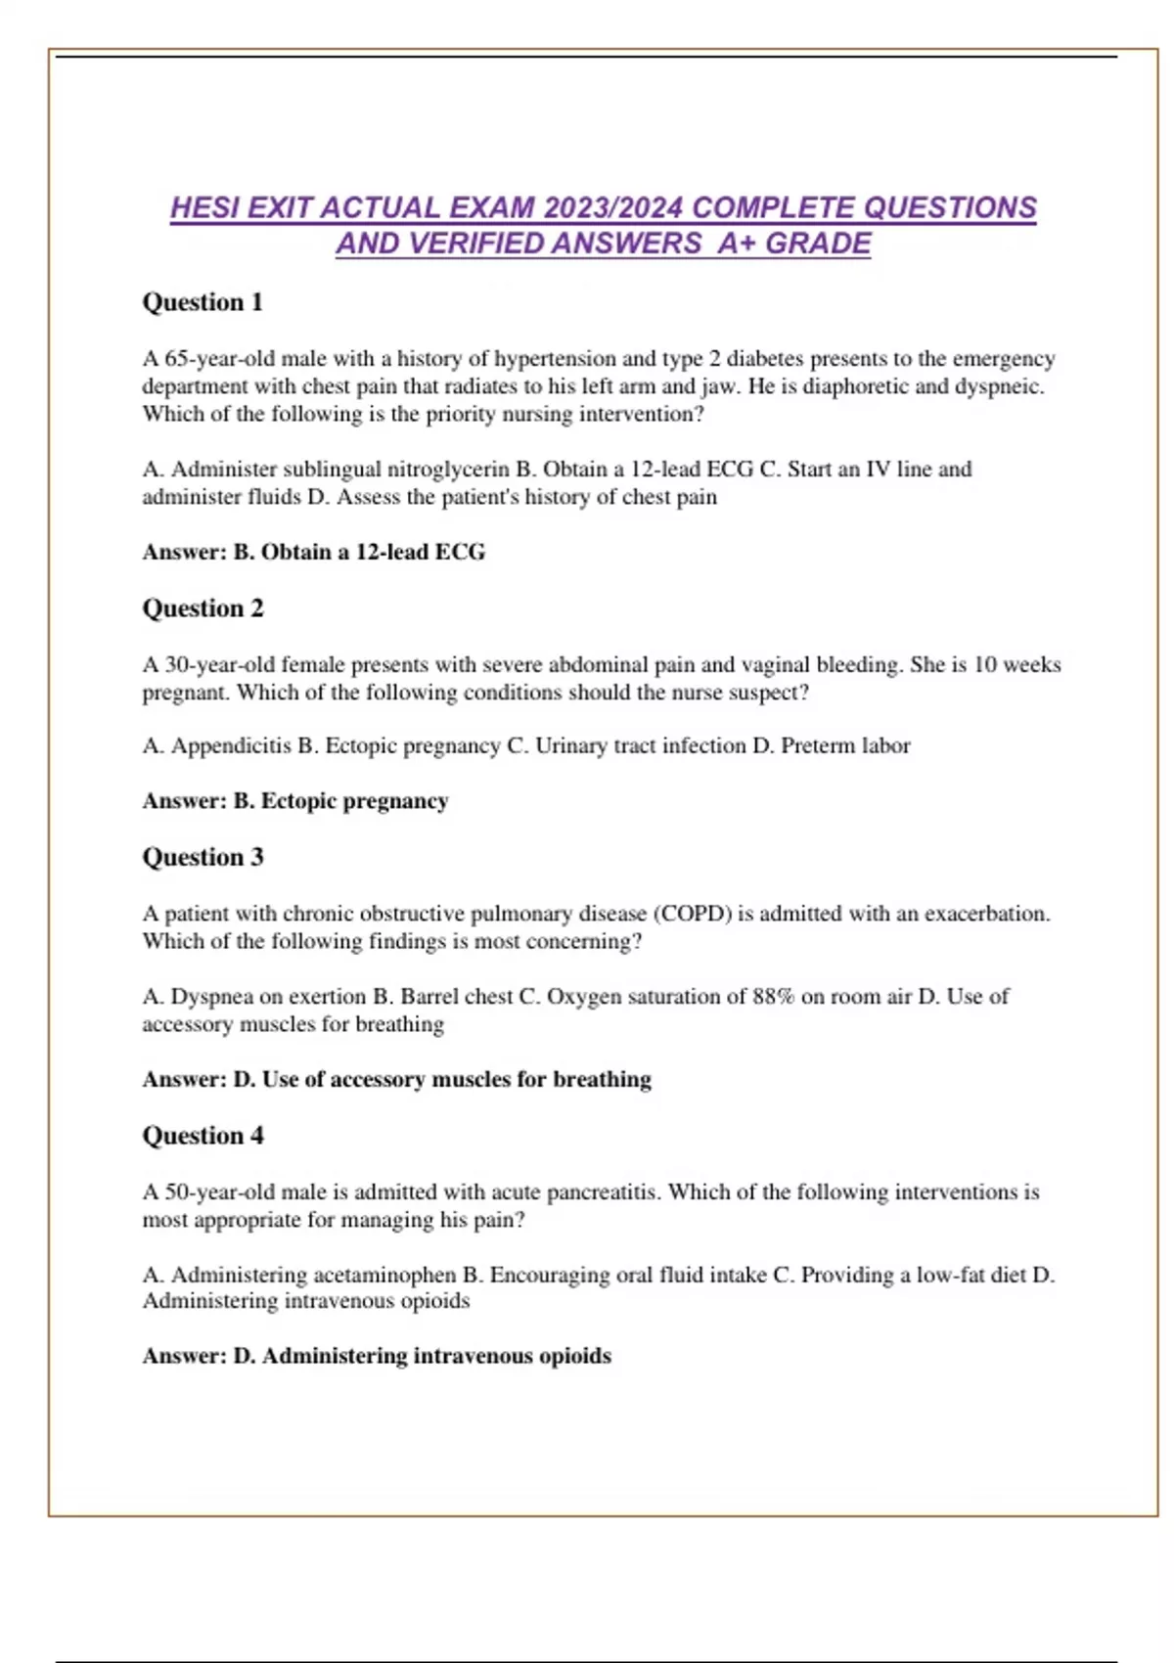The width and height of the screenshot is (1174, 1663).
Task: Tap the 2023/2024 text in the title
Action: pyautogui.click(x=613, y=208)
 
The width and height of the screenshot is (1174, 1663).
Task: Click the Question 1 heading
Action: pyautogui.click(x=203, y=302)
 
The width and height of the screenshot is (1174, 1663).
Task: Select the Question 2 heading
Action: pyautogui.click(x=203, y=608)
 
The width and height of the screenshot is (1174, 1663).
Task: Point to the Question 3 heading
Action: pyautogui.click(x=203, y=857)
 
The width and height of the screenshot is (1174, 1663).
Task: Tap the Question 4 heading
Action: pyautogui.click(x=203, y=1136)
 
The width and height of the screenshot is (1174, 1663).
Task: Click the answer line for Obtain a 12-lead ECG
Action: pyautogui.click(x=313, y=553)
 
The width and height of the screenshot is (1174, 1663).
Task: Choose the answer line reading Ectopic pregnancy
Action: pyautogui.click(x=294, y=801)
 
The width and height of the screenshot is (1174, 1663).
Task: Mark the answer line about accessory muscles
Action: pyautogui.click(x=396, y=1080)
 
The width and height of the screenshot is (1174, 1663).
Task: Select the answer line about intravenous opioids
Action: pyautogui.click(x=377, y=1357)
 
